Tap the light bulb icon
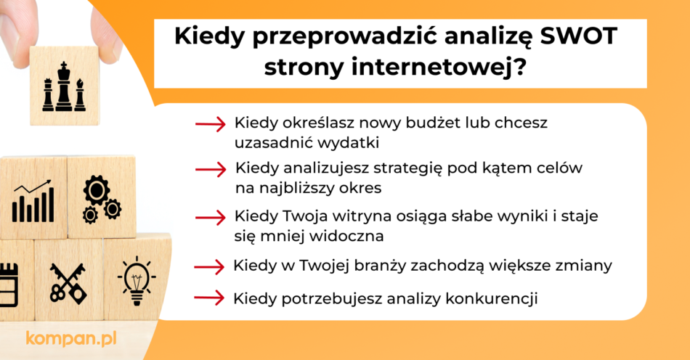pyautogui.click(x=136, y=279)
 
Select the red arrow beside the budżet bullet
pyautogui.click(x=211, y=125)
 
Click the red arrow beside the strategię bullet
pyautogui.click(x=211, y=170)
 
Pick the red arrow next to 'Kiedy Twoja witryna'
pyautogui.click(x=211, y=217)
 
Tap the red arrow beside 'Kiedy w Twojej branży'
pyautogui.click(x=211, y=266)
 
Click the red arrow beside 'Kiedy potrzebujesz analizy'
pyautogui.click(x=211, y=298)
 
